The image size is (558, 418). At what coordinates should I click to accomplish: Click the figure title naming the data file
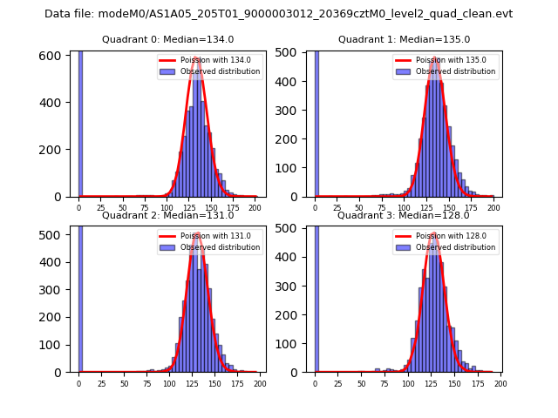[278, 14]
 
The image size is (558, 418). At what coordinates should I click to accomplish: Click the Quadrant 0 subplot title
[167, 39]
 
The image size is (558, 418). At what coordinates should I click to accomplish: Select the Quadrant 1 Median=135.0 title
[404, 39]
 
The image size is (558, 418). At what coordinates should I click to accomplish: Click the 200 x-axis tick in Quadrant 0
[255, 208]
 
